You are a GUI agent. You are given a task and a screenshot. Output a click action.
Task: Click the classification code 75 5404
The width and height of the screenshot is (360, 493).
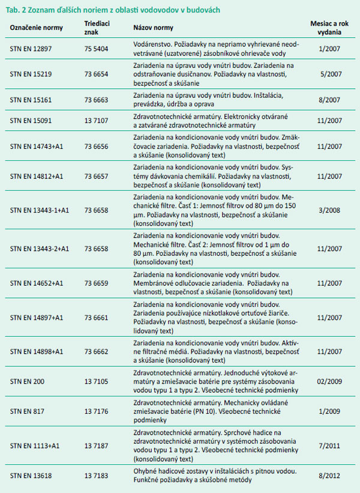pos(97,47)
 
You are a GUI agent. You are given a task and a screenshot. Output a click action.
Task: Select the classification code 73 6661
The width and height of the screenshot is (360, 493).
pos(97,318)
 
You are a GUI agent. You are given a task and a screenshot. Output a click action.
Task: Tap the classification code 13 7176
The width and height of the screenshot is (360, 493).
pos(97,410)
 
